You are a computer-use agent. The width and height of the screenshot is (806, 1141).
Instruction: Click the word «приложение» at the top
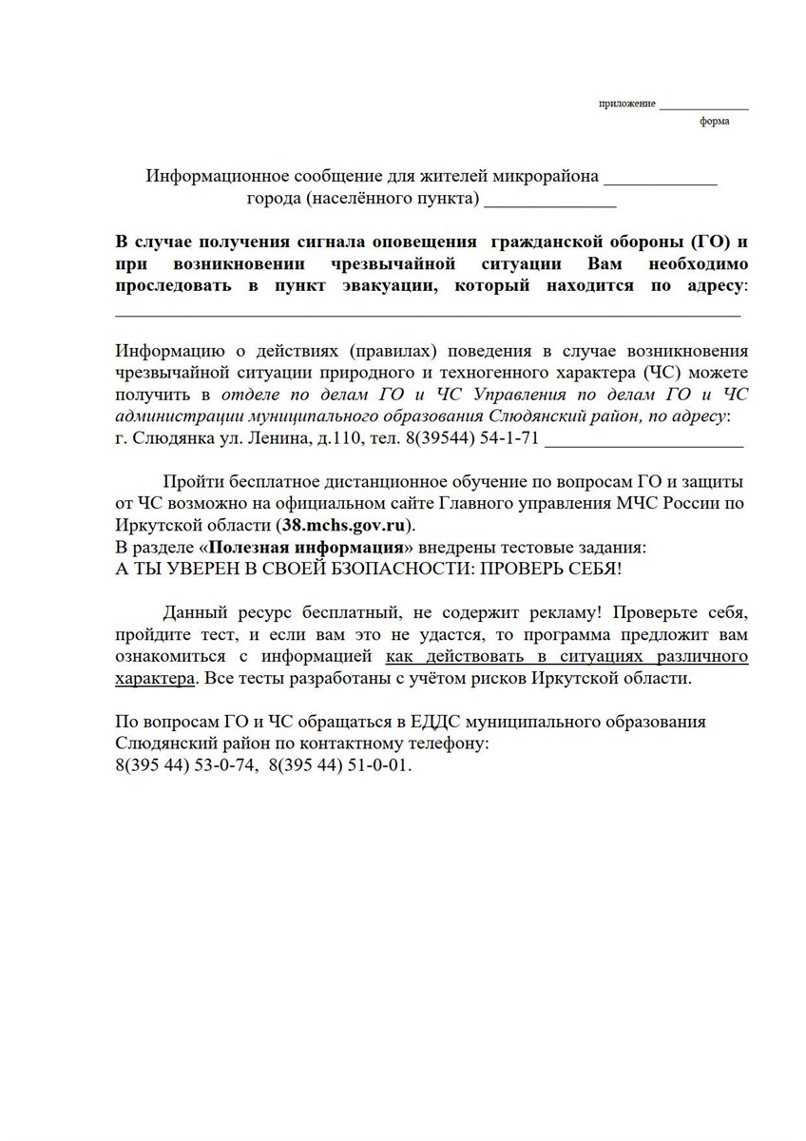pos(626,103)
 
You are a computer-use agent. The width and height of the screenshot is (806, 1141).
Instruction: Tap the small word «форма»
pos(715,123)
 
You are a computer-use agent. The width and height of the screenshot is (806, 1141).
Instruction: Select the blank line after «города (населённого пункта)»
pos(550,202)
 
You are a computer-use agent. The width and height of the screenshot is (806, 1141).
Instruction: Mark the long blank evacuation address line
pos(428,312)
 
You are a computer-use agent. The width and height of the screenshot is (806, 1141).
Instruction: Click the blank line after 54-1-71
pos(646,442)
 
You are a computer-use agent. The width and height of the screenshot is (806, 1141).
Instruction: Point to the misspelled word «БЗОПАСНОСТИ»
pos(381,570)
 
